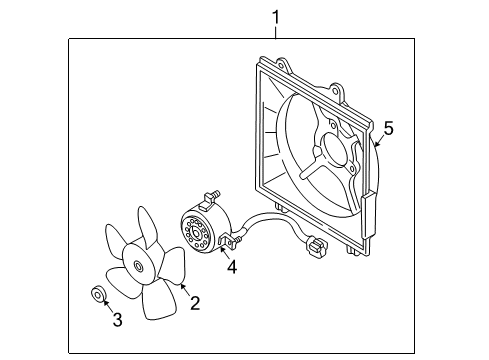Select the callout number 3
pyautogui.click(x=116, y=321)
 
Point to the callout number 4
pyautogui.click(x=231, y=267)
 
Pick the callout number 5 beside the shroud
pyautogui.click(x=389, y=128)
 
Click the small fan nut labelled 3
pyautogui.click(x=99, y=295)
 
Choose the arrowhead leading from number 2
pyautogui.click(x=181, y=286)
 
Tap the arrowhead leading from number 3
pyautogui.click(x=105, y=304)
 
